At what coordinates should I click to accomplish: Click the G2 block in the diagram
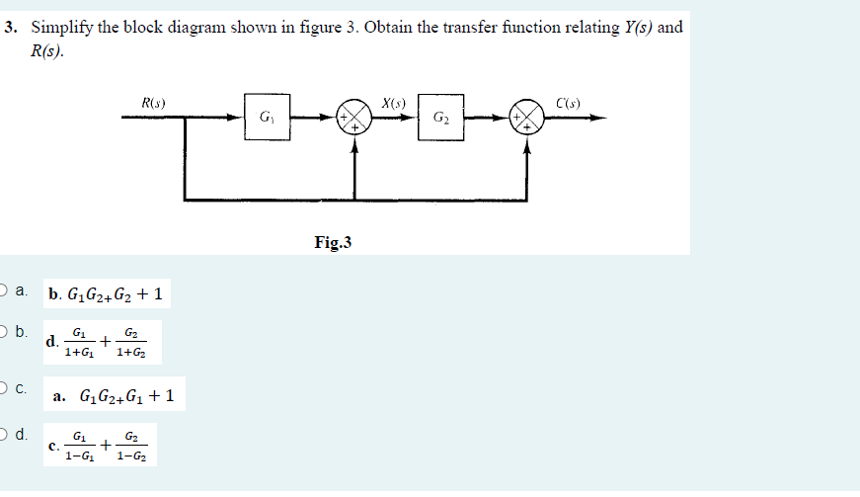[x=439, y=118]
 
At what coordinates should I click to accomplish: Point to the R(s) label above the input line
[x=153, y=101]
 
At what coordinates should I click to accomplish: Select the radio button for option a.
[x=5, y=291]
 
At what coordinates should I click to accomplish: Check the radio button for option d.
[x=5, y=434]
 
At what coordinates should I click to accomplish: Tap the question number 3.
[x=11, y=28]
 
